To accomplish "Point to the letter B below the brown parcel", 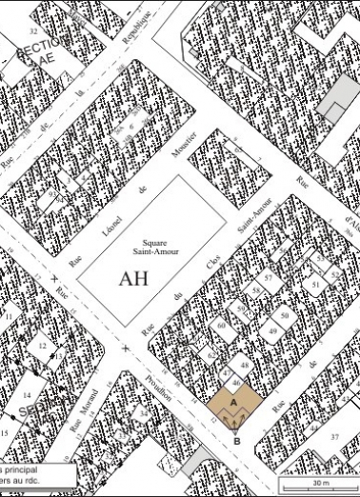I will (x=236, y=441).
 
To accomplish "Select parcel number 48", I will (x=245, y=366).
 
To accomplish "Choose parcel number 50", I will (x=283, y=314).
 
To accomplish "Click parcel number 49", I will (x=272, y=331).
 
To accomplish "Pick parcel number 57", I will (x=270, y=277).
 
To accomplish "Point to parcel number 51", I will (x=314, y=284).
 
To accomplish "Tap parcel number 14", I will (x=27, y=393).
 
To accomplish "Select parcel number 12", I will (x=42, y=347).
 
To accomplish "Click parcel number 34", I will (x=144, y=414).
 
